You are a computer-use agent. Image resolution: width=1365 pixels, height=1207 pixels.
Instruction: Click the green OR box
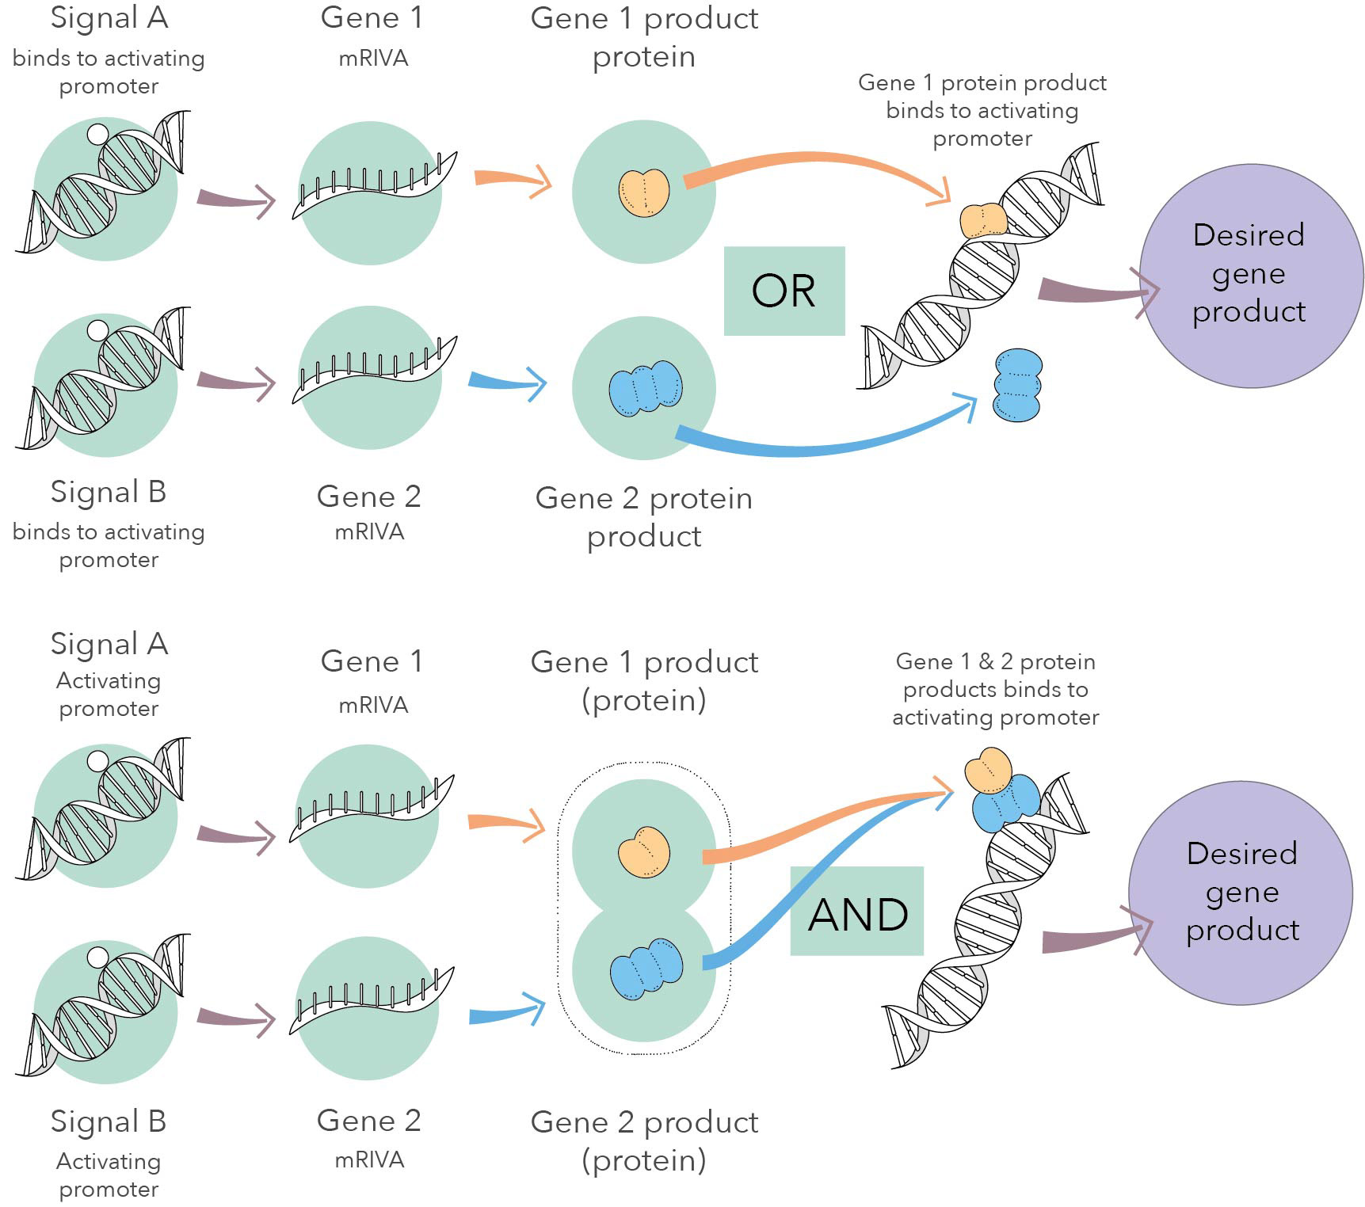point(784,291)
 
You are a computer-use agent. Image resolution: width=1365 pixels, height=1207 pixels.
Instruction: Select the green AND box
point(857,912)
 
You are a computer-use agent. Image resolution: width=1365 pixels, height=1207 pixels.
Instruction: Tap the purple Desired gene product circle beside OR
point(1251,275)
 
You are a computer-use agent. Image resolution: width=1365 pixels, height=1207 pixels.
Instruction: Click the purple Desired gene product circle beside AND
point(1241,893)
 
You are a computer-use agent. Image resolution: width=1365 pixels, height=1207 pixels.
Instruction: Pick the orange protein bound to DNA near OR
point(983,220)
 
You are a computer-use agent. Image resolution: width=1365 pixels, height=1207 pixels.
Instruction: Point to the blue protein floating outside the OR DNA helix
point(1017,385)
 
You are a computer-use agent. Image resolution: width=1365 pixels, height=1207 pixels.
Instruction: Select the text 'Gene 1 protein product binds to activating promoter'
point(982,110)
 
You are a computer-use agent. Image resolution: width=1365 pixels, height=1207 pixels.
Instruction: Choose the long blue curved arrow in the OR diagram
point(824,444)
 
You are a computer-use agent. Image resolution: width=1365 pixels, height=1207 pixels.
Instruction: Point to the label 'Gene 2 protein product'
point(644,516)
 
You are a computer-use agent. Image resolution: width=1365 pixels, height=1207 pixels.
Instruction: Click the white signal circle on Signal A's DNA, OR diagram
point(97,134)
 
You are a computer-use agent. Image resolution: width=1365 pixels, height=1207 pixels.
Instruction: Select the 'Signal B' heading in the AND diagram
point(109,1121)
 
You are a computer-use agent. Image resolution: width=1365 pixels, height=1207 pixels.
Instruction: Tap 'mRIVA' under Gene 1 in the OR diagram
point(372,59)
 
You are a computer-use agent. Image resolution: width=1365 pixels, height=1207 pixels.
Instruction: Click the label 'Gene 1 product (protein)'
point(644,680)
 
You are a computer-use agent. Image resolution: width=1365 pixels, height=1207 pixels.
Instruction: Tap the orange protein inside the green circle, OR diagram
point(643,191)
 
